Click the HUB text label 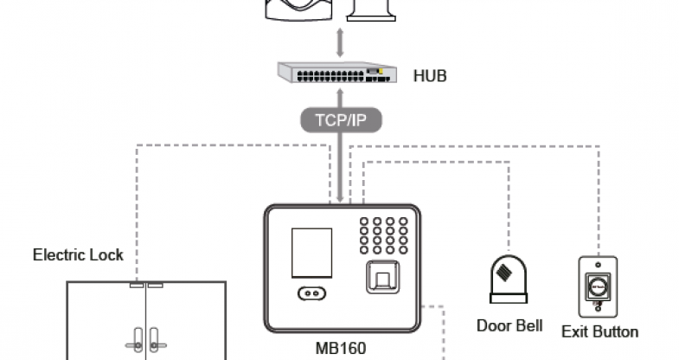430,76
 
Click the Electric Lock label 78,255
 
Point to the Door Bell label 509,325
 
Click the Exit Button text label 599,331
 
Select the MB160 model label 343,349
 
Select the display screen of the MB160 311,251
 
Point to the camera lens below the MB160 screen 311,294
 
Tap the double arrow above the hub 341,41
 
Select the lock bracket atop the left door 137,284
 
